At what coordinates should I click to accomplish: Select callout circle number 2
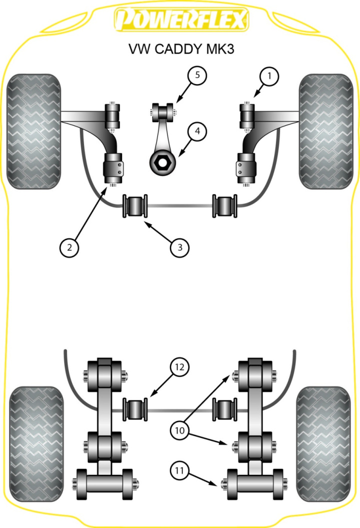69,246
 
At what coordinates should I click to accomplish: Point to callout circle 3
179,246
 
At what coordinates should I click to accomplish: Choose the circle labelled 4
197,132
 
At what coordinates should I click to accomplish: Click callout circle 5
197,76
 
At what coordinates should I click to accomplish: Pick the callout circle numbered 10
179,429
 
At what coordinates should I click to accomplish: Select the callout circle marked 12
179,367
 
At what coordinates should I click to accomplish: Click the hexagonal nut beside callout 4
162,162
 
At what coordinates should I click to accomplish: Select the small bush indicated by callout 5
162,109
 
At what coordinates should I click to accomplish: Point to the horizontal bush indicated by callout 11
254,483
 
